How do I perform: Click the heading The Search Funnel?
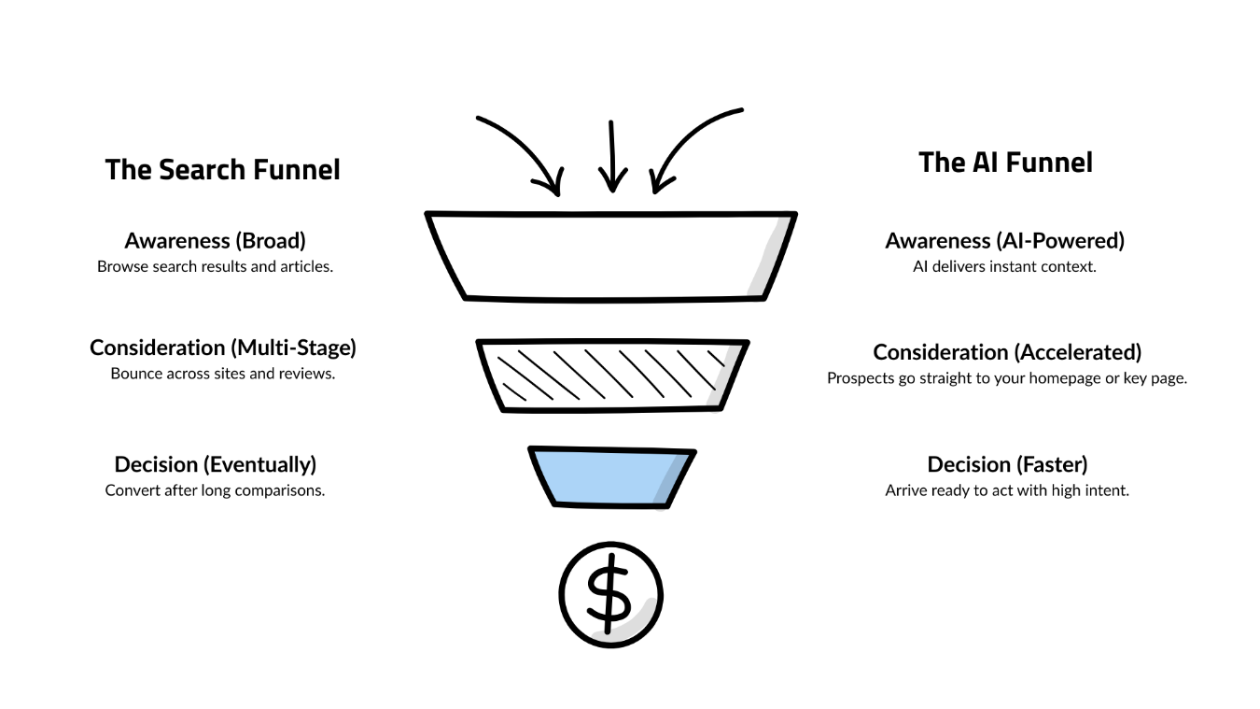(222, 170)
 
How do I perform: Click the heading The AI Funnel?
(1005, 163)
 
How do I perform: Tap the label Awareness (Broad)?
(215, 240)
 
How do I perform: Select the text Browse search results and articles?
(215, 266)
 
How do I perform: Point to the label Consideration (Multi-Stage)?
(222, 347)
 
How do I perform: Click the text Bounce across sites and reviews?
(222, 374)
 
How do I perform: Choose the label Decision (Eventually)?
(215, 464)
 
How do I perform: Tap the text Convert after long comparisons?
(215, 490)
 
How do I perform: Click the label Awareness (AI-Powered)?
(1004, 240)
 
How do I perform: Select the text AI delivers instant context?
(1004, 266)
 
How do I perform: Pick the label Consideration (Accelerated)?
(1007, 352)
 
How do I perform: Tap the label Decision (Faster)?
(1007, 464)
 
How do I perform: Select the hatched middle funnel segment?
(611, 376)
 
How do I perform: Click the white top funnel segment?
(611, 255)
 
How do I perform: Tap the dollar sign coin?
(610, 595)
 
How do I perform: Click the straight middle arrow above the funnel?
(612, 154)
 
